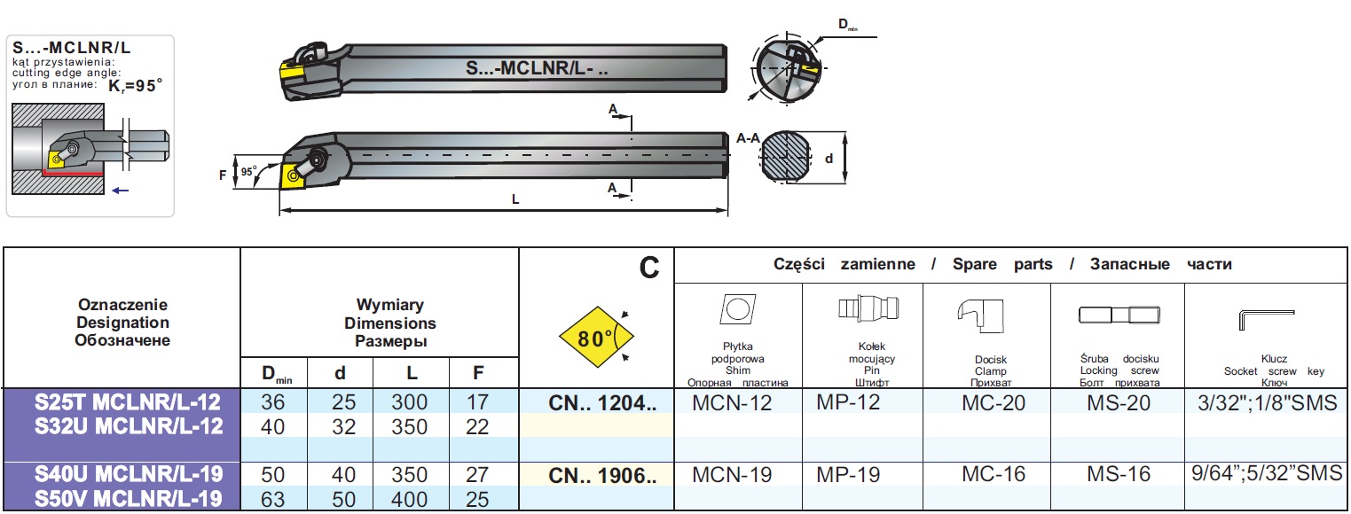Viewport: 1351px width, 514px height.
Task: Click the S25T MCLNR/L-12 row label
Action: tap(127, 402)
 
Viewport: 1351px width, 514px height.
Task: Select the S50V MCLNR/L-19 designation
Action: tap(127, 499)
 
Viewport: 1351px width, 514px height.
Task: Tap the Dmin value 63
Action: tap(273, 499)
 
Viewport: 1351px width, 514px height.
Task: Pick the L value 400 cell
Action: tap(409, 499)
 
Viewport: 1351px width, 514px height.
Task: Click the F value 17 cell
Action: tap(477, 402)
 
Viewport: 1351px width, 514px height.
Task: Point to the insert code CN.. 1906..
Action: tap(602, 475)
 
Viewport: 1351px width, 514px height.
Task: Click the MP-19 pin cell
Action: tap(848, 475)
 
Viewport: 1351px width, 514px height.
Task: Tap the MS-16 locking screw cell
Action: tap(1119, 475)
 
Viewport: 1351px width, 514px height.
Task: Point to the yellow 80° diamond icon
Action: tap(595, 338)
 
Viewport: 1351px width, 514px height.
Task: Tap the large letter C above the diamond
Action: tap(649, 267)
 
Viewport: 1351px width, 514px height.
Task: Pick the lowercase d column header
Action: tap(337, 374)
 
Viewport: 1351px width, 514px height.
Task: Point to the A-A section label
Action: tap(748, 138)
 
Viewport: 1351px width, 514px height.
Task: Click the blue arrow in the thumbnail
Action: tap(121, 190)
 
